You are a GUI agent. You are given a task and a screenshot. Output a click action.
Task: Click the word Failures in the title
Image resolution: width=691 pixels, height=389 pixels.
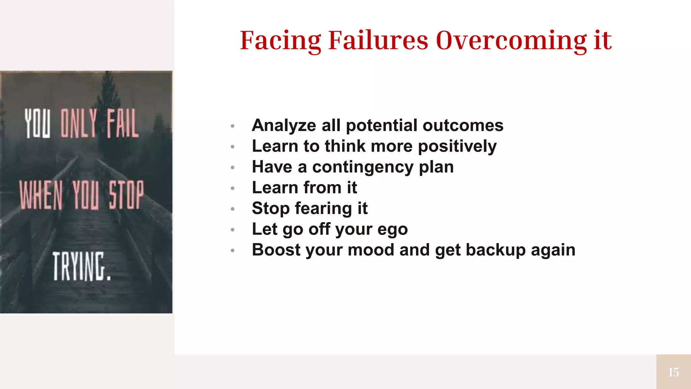point(378,41)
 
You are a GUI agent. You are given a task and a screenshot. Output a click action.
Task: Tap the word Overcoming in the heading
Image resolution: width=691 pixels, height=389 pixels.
point(511,41)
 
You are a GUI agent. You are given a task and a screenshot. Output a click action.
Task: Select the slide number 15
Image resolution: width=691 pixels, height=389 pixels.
point(673,372)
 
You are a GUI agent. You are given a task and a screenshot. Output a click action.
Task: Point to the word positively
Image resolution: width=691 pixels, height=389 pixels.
point(457,147)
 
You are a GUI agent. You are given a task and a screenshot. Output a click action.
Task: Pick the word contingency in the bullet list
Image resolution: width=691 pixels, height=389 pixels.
point(363,167)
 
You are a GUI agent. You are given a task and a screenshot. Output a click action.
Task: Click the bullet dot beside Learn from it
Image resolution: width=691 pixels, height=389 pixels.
point(232,188)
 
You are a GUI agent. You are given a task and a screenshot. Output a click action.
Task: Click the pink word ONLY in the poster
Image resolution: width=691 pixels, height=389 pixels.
point(79,123)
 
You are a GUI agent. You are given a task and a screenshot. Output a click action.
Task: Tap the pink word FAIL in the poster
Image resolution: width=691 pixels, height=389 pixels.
point(122,123)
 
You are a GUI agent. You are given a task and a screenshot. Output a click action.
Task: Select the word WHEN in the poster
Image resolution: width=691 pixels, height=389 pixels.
point(41,195)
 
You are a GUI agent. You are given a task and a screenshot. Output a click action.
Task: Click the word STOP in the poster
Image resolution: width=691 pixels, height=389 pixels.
point(126,195)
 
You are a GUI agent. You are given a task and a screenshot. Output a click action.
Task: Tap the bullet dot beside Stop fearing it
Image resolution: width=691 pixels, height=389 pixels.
point(232,209)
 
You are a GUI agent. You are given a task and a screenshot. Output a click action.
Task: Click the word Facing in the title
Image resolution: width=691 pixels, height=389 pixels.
point(281,41)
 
